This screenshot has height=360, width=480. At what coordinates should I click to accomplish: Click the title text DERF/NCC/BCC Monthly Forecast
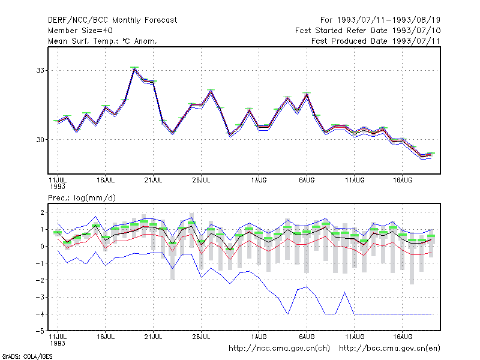(112, 20)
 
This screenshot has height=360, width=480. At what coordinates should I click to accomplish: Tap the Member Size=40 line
(80, 31)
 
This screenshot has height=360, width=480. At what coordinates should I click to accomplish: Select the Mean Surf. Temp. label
(86, 41)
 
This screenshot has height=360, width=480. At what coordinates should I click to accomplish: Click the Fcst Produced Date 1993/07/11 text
(376, 41)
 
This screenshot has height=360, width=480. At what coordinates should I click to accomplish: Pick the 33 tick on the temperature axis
(40, 70)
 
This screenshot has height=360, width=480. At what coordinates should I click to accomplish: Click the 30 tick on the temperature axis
(40, 140)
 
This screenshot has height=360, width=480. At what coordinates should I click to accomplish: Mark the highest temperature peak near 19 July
(134, 68)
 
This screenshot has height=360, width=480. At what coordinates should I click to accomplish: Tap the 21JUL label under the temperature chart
(153, 180)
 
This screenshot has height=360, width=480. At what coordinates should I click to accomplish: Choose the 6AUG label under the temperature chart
(307, 180)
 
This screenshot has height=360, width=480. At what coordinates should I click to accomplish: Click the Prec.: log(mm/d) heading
(82, 198)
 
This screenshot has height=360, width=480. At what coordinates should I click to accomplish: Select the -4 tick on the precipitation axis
(40, 314)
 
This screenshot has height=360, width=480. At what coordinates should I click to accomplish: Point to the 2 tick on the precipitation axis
(42, 212)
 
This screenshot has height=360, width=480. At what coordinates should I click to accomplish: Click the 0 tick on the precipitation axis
(42, 246)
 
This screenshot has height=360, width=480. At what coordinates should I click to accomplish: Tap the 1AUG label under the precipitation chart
(259, 337)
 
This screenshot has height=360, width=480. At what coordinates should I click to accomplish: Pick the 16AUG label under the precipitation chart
(402, 337)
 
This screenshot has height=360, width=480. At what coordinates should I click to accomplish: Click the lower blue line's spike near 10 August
(344, 292)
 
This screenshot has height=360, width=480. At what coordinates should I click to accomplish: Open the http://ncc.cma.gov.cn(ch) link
(279, 349)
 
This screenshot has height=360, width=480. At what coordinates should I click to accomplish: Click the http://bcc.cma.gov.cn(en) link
(389, 349)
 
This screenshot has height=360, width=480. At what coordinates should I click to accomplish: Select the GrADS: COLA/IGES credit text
(27, 356)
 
